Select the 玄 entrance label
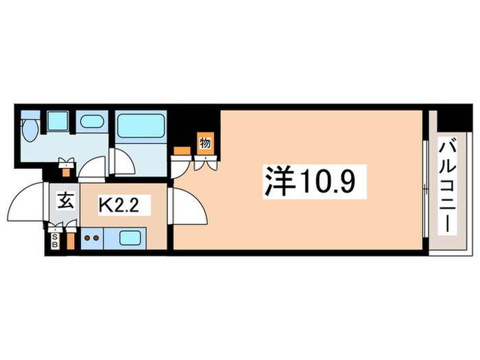pyautogui.click(x=65, y=202)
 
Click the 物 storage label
pyautogui.click(x=204, y=143)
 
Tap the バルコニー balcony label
pyautogui.click(x=449, y=185)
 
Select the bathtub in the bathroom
pyautogui.click(x=139, y=127)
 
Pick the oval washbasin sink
pyautogui.click(x=91, y=123)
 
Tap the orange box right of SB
pyautogui.click(x=69, y=241)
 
